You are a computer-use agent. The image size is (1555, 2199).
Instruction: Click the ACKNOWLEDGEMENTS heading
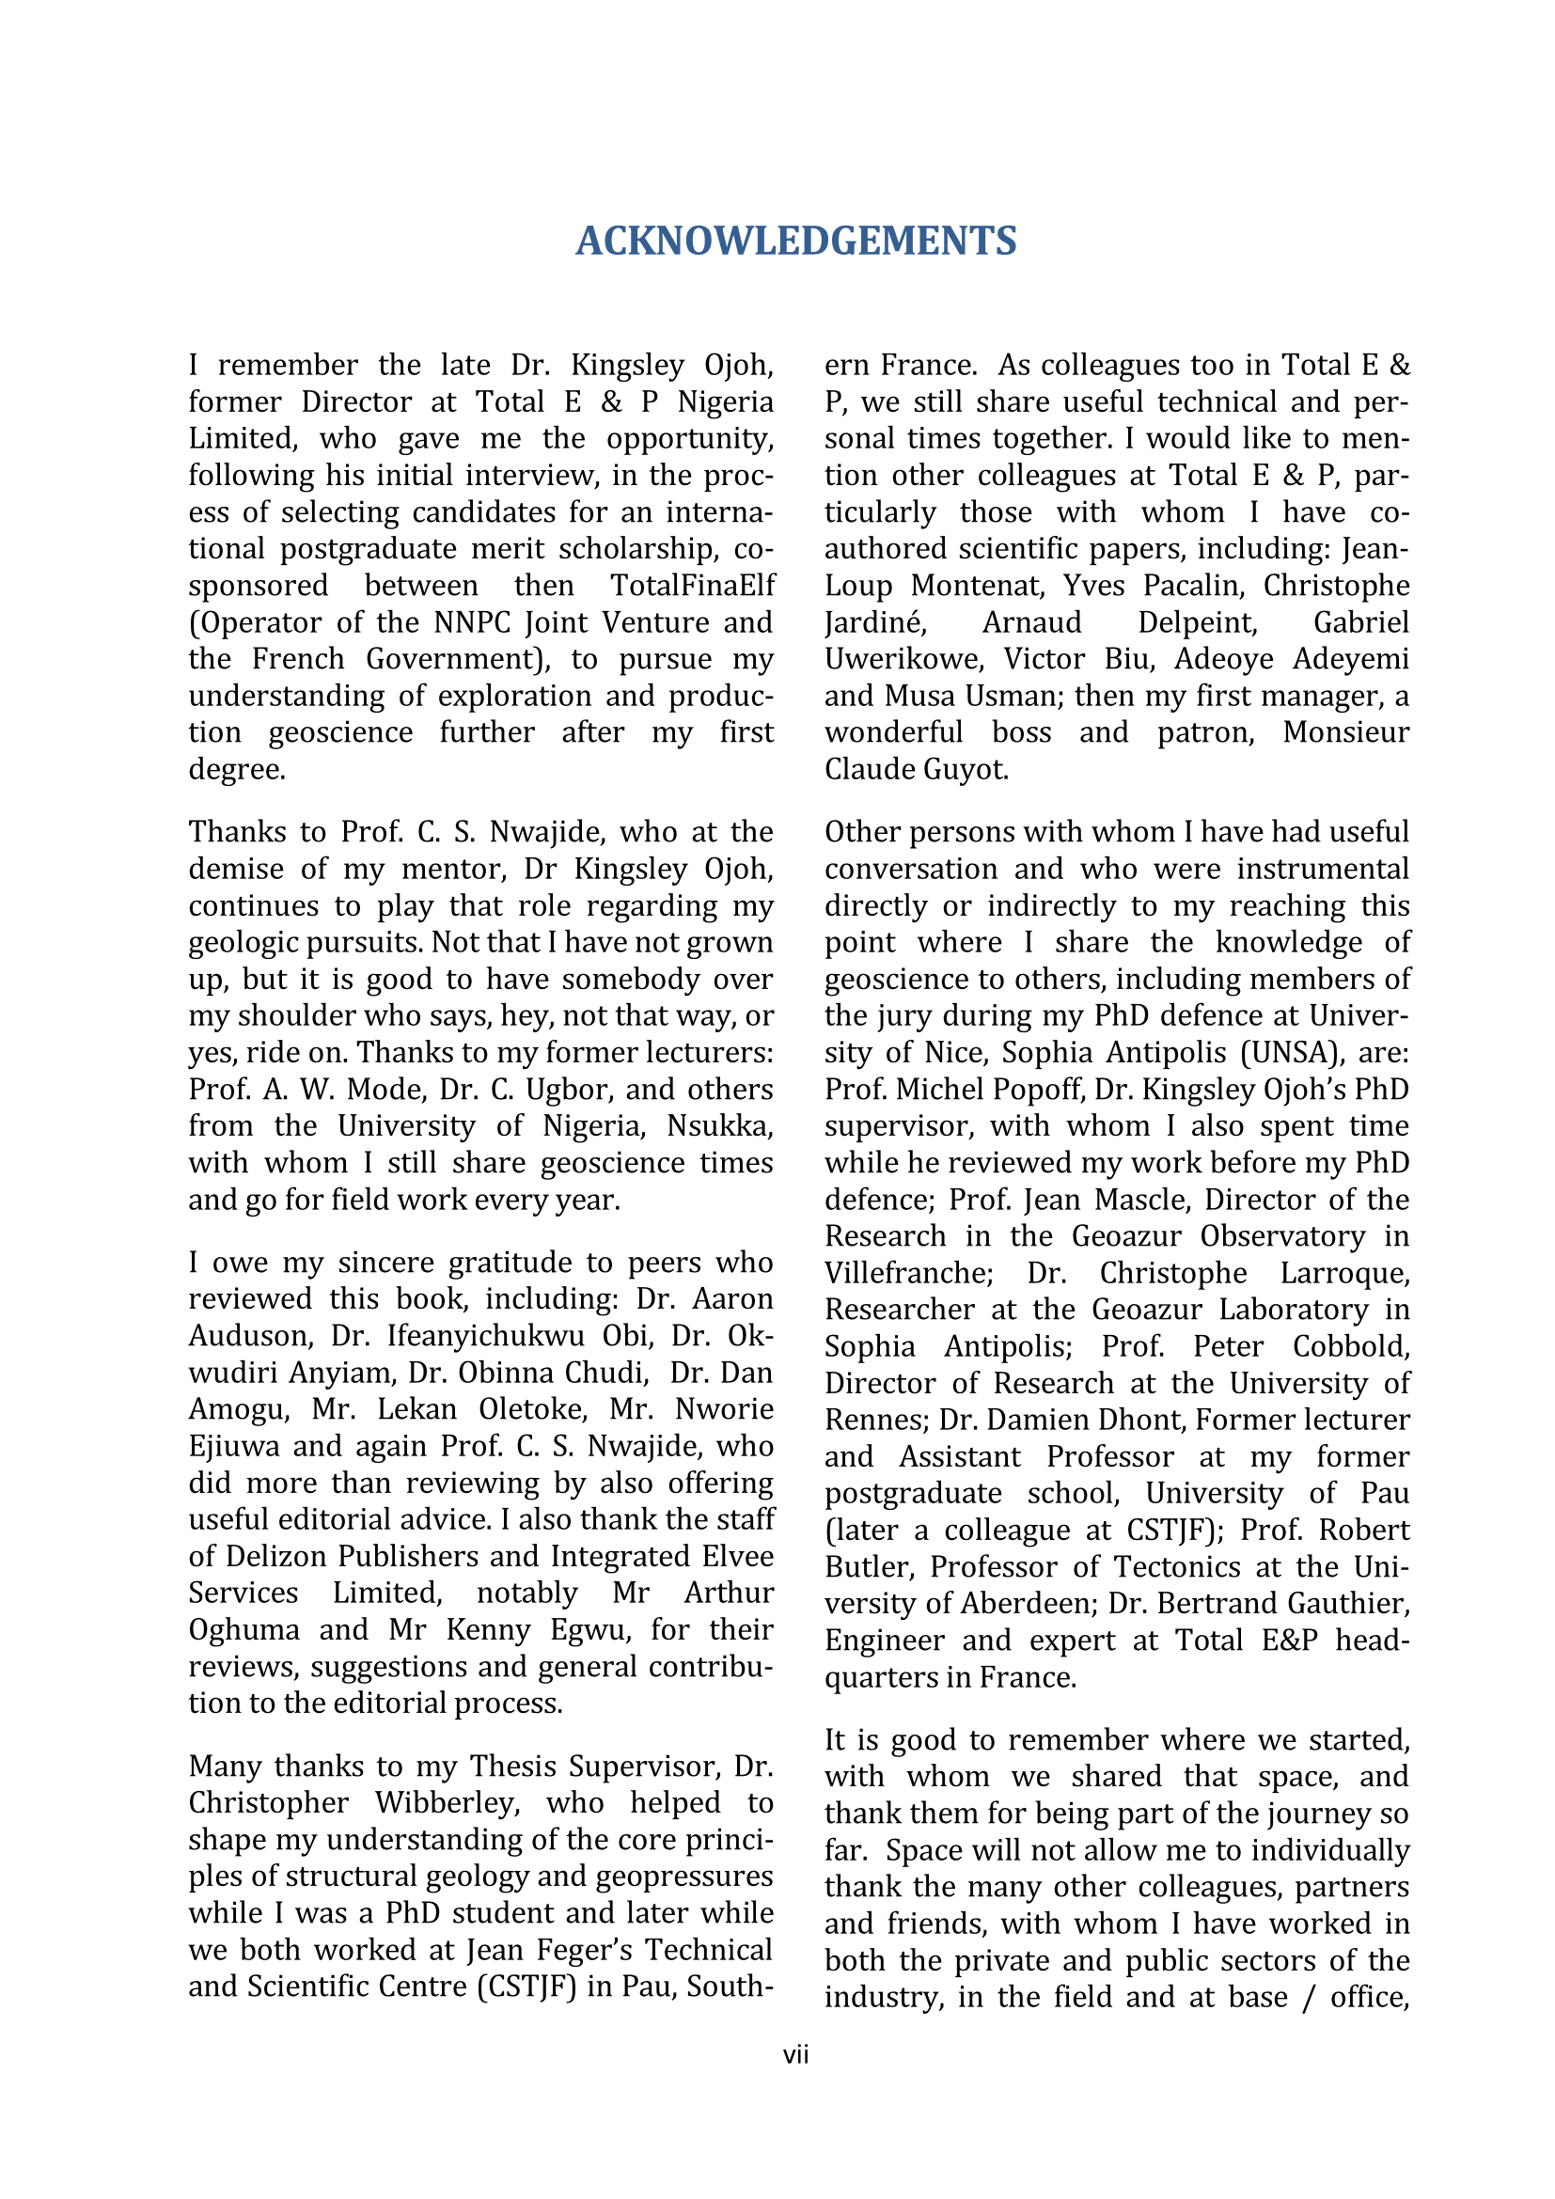point(795,241)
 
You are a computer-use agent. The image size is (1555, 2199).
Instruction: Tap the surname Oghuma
point(244,1629)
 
